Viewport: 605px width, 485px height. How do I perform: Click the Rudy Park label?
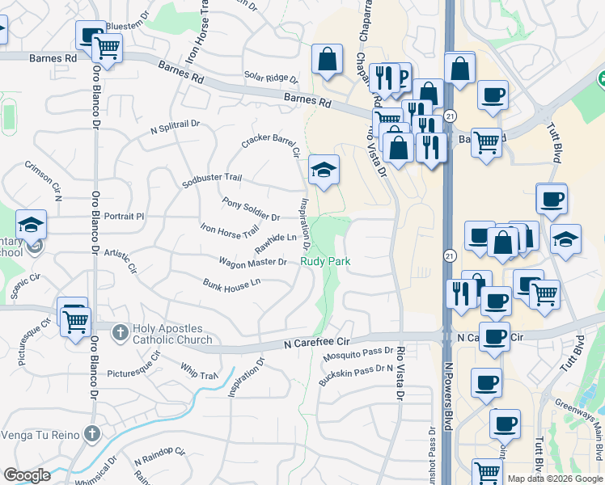click(x=325, y=261)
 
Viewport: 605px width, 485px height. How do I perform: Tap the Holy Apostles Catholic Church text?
click(x=174, y=334)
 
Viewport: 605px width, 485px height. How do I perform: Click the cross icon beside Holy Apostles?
click(x=120, y=332)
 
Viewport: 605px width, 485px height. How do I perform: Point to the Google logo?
click(x=27, y=475)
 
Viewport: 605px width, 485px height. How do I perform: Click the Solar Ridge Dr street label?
click(x=271, y=78)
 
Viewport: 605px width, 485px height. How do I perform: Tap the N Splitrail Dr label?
click(x=175, y=128)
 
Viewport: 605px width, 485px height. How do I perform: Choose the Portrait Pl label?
click(x=124, y=217)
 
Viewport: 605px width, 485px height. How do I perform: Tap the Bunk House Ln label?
click(x=231, y=284)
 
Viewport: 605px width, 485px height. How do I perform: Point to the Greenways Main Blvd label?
click(x=579, y=424)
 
